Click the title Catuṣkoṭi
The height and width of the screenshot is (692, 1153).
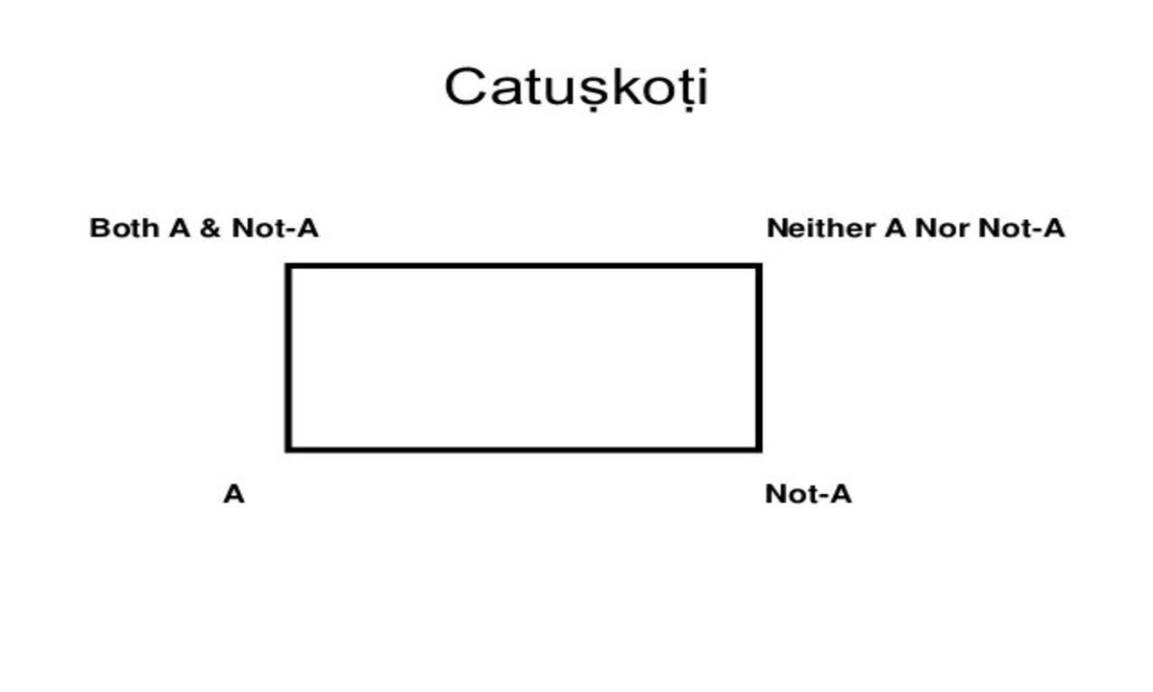click(576, 87)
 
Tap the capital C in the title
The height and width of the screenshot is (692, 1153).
click(465, 86)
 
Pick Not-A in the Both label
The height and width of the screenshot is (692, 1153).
click(275, 229)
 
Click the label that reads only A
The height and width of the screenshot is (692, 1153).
click(233, 495)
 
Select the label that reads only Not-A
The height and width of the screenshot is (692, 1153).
click(808, 495)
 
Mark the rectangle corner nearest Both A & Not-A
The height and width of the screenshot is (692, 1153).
click(288, 266)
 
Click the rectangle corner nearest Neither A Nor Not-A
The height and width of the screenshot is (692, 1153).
click(759, 266)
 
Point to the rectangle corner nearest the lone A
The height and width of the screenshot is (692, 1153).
click(288, 448)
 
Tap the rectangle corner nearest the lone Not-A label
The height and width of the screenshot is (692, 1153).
click(759, 448)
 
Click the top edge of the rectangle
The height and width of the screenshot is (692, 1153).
click(524, 266)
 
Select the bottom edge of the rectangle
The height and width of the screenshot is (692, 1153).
click(524, 448)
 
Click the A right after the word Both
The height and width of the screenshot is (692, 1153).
click(179, 229)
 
